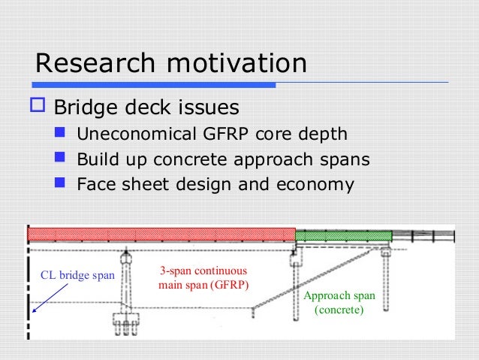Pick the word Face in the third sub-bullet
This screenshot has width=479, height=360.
coord(95,184)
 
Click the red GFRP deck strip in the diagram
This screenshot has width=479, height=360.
coord(161,234)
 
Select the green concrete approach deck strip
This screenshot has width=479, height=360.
coord(343,235)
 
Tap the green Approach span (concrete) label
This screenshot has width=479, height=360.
coord(339,302)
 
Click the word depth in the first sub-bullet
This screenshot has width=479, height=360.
coord(323,135)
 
